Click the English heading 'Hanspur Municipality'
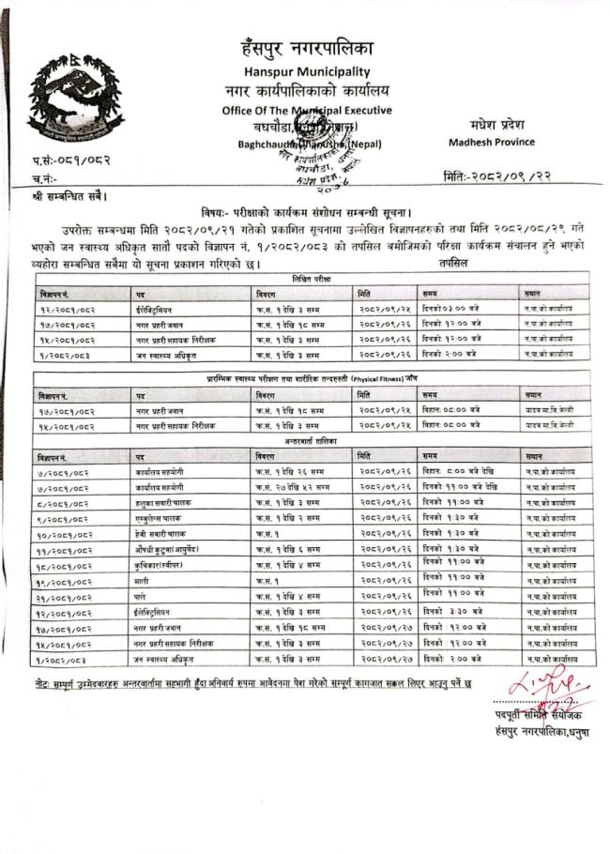(x=307, y=71)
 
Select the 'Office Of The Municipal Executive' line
(x=307, y=109)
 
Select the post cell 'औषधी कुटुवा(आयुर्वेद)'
(x=171, y=548)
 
